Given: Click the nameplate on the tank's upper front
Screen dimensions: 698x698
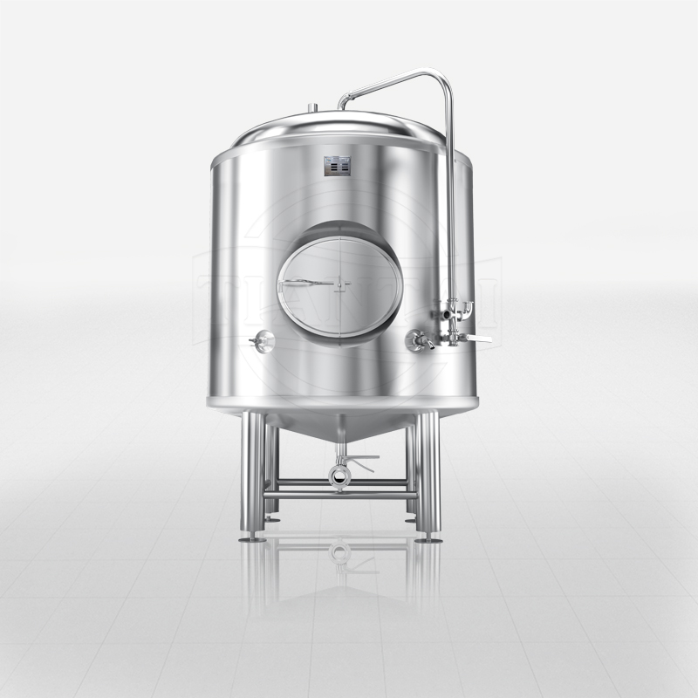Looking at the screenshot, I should point(337,166).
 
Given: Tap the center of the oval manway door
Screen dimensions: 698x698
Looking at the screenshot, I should point(340,284).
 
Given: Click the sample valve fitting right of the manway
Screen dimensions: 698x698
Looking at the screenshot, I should point(417,341).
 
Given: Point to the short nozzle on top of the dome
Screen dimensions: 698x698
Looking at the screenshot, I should point(311,109).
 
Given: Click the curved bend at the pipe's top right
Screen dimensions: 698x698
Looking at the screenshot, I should point(444,80).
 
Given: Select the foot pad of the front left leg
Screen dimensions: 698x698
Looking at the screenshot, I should point(252,538).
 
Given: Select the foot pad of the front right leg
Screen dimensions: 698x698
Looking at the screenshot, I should point(428,538).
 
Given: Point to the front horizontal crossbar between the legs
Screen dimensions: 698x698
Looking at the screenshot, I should point(340,496).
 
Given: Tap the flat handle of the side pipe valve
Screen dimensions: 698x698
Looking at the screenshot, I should point(476,338).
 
